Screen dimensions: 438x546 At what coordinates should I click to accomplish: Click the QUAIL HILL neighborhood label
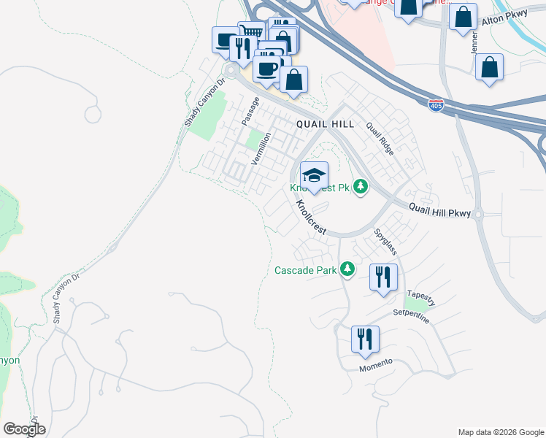(325, 124)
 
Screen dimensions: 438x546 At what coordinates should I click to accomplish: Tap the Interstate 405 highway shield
(436, 105)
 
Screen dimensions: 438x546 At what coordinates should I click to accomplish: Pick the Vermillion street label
(261, 147)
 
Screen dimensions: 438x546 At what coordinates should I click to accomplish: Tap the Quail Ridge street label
(380, 138)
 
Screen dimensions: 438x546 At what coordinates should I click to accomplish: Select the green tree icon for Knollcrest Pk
(360, 188)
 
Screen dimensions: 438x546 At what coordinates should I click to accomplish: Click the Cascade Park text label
(305, 270)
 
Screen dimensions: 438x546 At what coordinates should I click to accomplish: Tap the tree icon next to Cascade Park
(348, 269)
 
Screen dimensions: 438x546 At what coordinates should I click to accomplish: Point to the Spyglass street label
(385, 242)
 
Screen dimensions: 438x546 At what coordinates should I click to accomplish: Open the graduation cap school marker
(314, 176)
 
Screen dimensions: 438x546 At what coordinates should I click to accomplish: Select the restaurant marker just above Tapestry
(383, 277)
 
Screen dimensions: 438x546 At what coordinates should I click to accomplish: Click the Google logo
(24, 429)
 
